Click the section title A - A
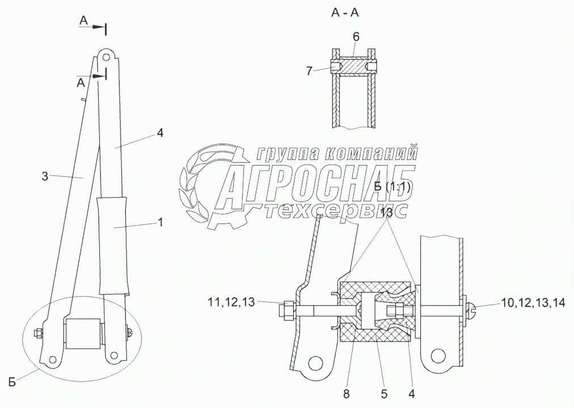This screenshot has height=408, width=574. (345, 13)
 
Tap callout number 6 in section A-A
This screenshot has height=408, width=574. (356, 37)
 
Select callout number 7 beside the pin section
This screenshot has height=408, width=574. (309, 71)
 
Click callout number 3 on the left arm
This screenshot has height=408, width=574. (45, 176)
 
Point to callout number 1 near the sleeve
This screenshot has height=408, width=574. (160, 222)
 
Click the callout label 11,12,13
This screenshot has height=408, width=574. (231, 302)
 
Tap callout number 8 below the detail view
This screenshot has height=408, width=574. (346, 394)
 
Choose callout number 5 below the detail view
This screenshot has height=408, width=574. (384, 394)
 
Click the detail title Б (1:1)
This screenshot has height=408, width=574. (392, 187)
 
